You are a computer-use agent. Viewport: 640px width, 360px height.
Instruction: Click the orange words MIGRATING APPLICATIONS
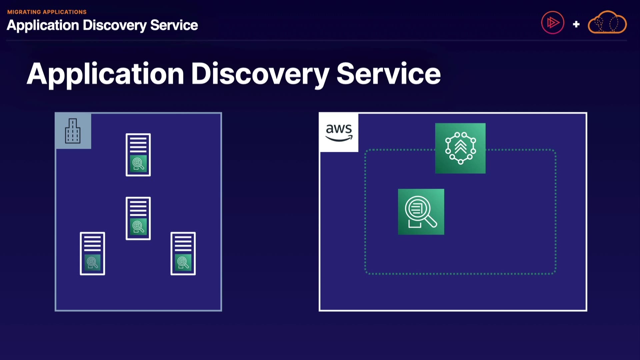(47, 12)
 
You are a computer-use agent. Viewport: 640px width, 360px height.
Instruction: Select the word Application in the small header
(43, 25)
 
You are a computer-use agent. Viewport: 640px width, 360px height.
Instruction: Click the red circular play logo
(552, 23)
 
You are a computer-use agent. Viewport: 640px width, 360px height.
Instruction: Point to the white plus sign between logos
(576, 24)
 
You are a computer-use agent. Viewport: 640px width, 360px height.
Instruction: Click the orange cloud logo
(607, 22)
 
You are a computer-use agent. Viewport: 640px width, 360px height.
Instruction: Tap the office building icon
(73, 131)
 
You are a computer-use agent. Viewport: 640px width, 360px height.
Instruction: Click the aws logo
(339, 132)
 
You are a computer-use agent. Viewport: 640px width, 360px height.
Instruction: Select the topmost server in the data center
(138, 155)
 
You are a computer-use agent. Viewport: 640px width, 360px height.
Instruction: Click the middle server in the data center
(138, 218)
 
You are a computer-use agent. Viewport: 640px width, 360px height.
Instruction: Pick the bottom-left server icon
(92, 253)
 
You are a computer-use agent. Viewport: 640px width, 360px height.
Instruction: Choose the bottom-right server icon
(183, 253)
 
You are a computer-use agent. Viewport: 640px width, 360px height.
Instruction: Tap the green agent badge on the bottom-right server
(183, 262)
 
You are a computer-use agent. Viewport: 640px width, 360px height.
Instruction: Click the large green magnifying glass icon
(421, 212)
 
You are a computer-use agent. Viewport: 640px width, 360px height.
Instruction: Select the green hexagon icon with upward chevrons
(460, 148)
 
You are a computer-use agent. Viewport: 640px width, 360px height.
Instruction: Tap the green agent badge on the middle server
(138, 227)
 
